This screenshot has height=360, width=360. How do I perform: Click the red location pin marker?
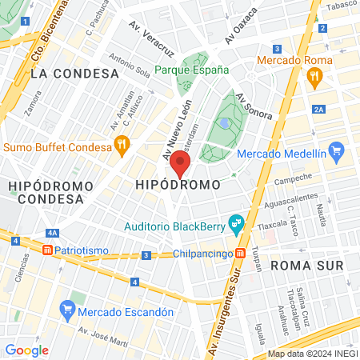181,163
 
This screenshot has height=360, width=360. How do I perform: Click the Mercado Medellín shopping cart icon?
336,150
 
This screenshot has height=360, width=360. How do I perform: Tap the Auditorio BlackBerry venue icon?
235,223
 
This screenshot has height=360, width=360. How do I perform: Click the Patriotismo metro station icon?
48,250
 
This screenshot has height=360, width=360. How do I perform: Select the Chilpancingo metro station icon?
238,254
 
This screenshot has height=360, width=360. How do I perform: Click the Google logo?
26,350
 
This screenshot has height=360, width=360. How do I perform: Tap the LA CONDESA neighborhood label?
74,73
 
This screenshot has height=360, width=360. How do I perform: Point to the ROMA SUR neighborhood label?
307,265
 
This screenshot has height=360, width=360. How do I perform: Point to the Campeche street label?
293,180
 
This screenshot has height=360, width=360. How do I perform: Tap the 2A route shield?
319,109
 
